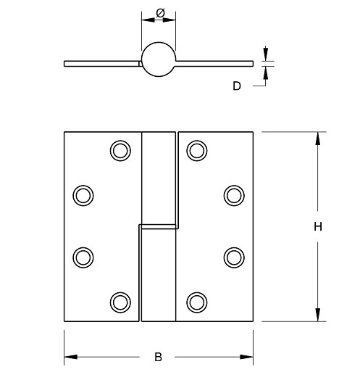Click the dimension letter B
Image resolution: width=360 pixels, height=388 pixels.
coord(158,357)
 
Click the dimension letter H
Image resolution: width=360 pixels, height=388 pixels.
coord(317,226)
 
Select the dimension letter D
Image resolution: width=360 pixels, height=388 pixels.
coord(237,86)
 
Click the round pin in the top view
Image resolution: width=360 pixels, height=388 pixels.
coord(158,59)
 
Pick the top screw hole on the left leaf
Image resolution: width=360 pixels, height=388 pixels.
coord(120,150)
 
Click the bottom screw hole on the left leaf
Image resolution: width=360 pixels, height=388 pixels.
coord(120,301)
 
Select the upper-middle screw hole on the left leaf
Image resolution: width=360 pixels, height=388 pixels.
coord(84,194)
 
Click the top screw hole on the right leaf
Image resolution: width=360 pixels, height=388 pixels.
coord(196,150)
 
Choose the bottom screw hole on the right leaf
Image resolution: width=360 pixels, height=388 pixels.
coord(196,301)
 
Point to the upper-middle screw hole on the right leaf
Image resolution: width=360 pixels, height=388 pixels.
coord(233,194)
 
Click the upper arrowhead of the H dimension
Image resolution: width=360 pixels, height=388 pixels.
coord(317,139)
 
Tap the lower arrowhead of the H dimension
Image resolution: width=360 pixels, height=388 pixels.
coord(317,315)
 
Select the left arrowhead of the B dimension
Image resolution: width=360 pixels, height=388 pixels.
coord(70,357)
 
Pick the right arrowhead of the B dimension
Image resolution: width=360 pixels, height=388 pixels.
coord(247,357)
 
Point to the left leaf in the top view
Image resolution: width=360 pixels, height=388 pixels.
coord(101,63)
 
